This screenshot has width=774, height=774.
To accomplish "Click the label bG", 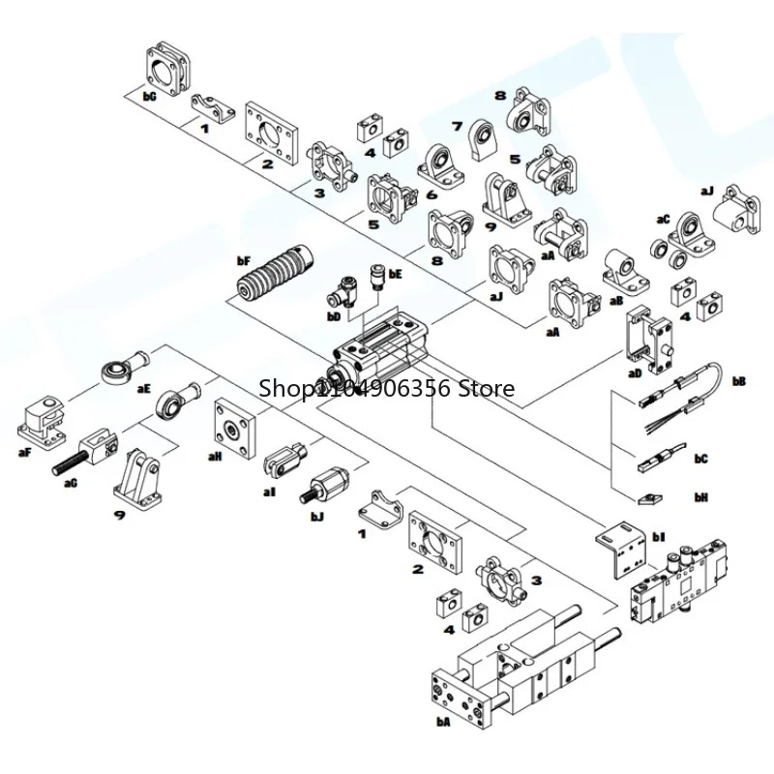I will tap(149, 97).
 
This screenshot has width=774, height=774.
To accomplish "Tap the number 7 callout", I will tap(458, 127).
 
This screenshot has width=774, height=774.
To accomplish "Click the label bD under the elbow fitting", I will tap(334, 315).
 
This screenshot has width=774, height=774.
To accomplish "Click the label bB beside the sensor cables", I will tap(739, 381).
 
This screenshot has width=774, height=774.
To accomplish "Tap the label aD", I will tap(635, 372).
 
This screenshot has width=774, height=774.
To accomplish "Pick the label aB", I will tap(615, 300).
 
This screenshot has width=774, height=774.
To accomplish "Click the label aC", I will tap(662, 220).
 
